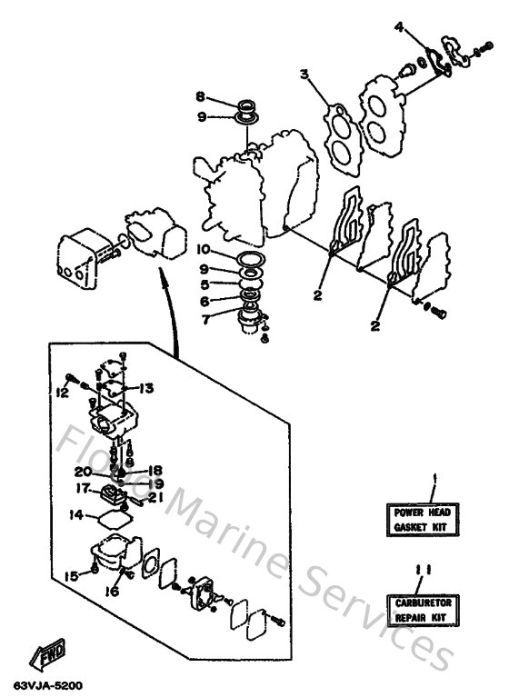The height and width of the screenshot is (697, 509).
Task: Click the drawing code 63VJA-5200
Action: coord(43,684)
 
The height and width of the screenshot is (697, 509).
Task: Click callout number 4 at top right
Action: coord(398,27)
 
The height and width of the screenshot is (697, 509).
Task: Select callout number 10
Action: coord(203,249)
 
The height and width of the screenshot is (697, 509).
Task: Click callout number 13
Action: coord(146,387)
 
